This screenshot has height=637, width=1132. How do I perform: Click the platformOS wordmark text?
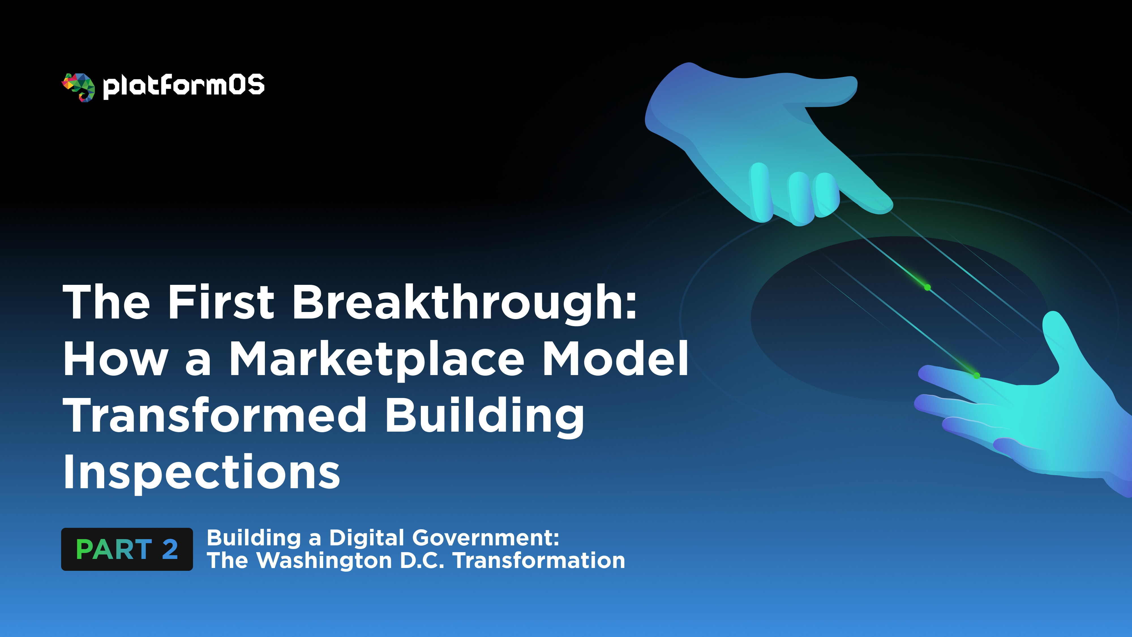coord(184,86)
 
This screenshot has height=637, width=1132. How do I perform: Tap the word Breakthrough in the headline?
coord(464,303)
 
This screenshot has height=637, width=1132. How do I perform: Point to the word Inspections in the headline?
coord(201,472)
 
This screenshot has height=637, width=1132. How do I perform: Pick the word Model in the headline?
coord(616,359)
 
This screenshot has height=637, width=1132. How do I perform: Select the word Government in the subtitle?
coord(486,538)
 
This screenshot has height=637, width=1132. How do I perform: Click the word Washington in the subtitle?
coord(324,561)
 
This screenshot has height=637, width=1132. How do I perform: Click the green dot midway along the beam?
coord(927,287)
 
